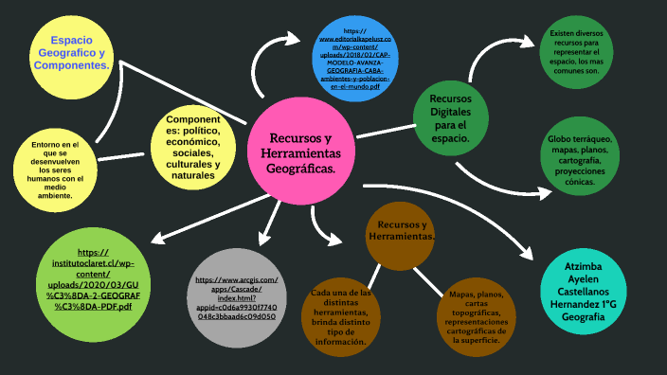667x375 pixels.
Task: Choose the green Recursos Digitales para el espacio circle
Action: (x=449, y=118)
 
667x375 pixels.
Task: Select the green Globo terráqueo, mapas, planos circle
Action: (x=580, y=162)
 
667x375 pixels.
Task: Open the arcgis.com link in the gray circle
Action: (x=237, y=297)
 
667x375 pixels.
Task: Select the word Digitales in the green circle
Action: (x=449, y=112)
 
